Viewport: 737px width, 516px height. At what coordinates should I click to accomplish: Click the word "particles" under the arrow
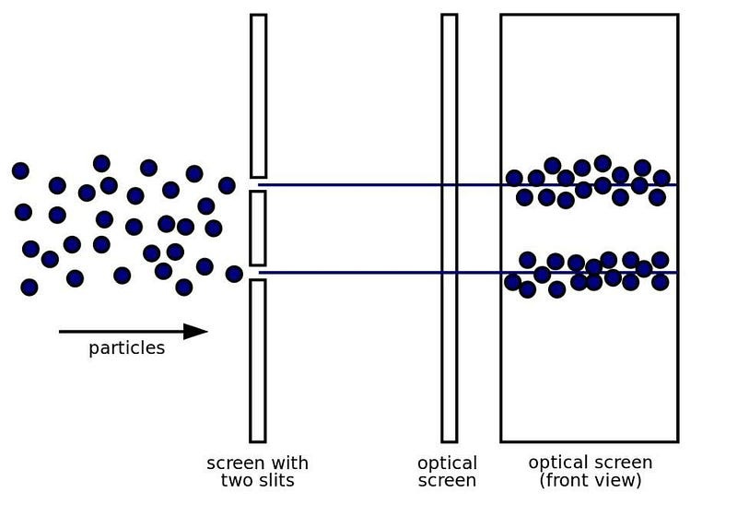[x=126, y=348]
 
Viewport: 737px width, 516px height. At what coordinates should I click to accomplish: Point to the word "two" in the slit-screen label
[x=238, y=480]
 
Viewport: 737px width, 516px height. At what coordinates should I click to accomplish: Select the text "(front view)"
[x=590, y=480]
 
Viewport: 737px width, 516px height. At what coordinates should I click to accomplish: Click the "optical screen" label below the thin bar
[x=448, y=471]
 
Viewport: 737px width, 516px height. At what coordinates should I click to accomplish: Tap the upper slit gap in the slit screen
[x=258, y=184]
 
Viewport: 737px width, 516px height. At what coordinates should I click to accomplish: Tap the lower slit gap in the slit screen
[x=258, y=273]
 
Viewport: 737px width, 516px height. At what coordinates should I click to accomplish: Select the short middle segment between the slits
[x=258, y=228]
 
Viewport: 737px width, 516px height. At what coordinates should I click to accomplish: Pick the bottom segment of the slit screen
[x=258, y=360]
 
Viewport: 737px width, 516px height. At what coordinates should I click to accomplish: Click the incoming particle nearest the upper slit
[x=227, y=185]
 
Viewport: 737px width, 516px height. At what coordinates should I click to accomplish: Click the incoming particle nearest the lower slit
[x=234, y=274]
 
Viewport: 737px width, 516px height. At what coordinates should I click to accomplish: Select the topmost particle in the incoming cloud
[x=101, y=163]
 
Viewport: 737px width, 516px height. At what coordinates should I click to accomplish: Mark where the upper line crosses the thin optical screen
[x=449, y=185]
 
